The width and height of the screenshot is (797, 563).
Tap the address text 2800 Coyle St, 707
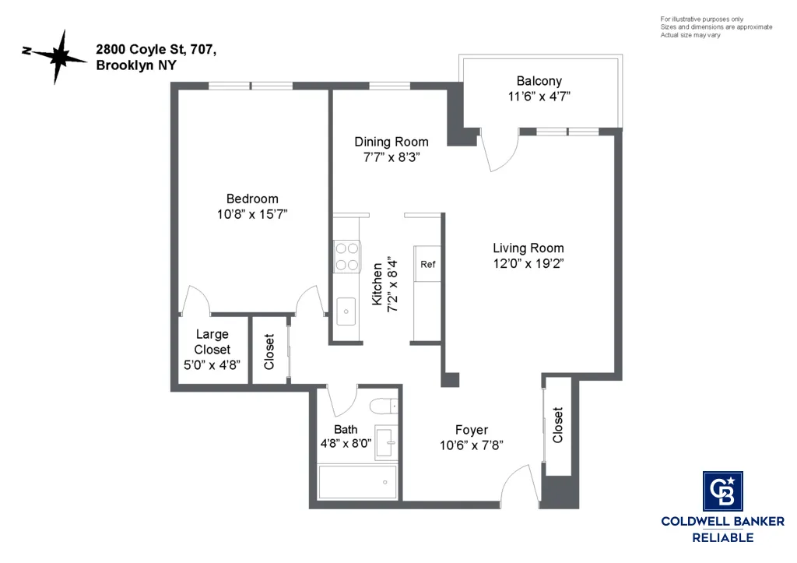(x=156, y=49)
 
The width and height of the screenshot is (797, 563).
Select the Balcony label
(x=539, y=81)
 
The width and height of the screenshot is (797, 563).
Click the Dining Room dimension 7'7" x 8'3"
(x=391, y=157)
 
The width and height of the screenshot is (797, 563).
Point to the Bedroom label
(x=252, y=199)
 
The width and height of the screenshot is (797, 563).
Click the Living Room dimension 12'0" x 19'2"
(x=528, y=263)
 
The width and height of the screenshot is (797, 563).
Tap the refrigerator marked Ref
(x=428, y=264)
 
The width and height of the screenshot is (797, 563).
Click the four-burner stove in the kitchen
(x=347, y=256)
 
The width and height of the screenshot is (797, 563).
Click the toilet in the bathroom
(x=384, y=406)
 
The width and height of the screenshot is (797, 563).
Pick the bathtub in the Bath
(x=357, y=482)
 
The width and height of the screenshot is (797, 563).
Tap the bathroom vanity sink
(x=386, y=442)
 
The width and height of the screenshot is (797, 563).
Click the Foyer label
(x=472, y=430)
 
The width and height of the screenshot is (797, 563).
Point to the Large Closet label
(x=212, y=342)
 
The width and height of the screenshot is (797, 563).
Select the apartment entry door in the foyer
(x=516, y=487)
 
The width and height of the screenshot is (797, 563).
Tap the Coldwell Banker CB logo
(x=723, y=491)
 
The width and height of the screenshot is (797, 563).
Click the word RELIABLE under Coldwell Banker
(x=723, y=537)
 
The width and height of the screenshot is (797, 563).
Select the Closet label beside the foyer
(x=557, y=425)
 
